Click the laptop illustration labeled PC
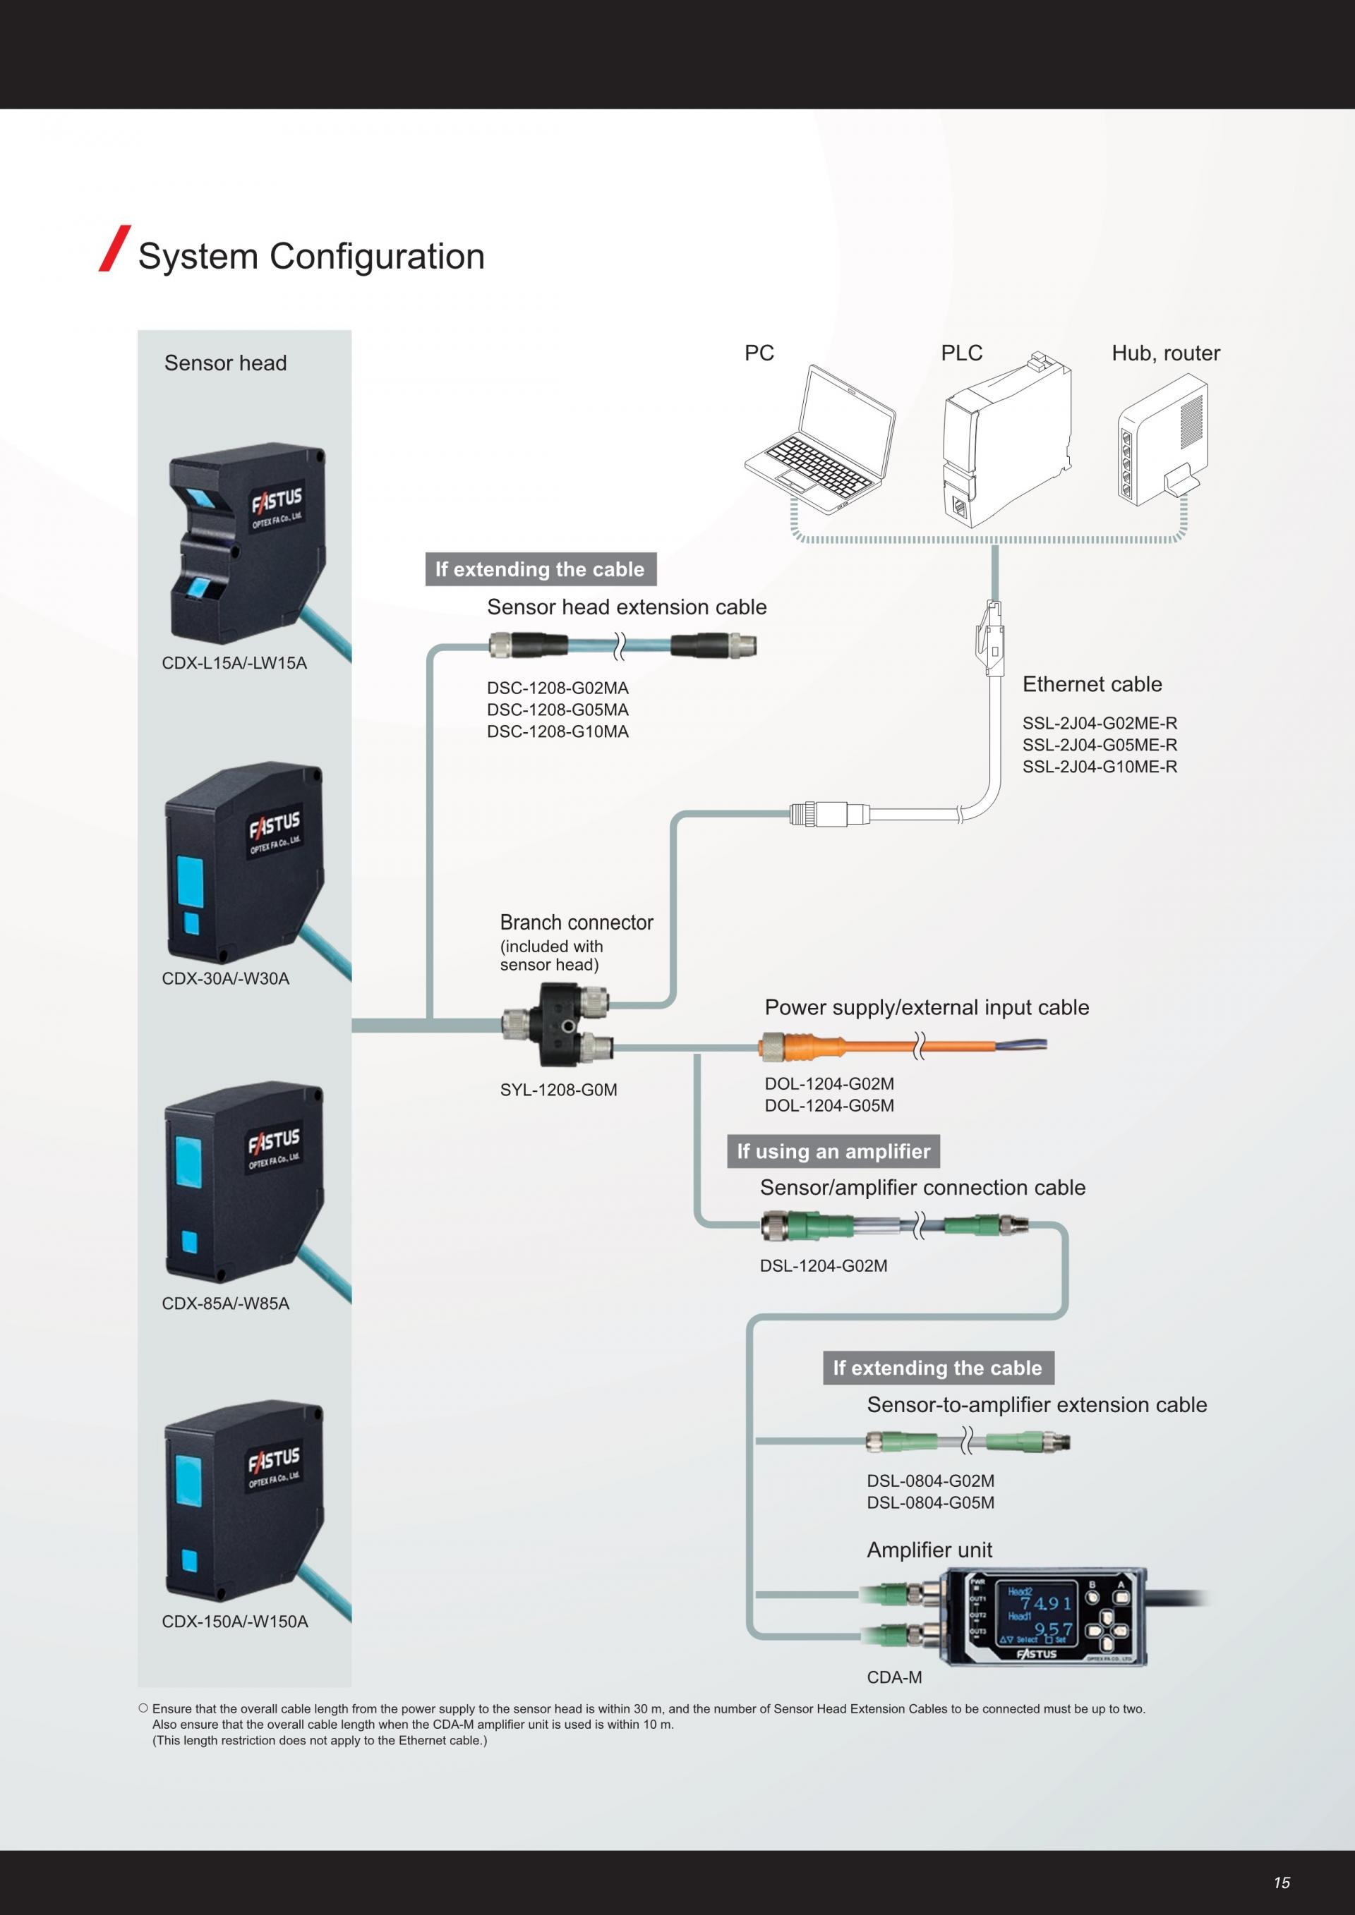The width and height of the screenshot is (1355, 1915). coord(820,442)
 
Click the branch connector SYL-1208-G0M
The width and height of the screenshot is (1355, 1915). coord(557,1024)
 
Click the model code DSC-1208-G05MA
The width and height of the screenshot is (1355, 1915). coord(558,710)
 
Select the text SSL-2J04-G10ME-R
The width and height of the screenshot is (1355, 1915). coord(1099,767)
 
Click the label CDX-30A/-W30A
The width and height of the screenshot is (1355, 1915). coord(225,978)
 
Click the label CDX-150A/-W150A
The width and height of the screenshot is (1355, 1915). coord(234,1622)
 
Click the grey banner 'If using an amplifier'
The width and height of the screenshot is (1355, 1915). coord(833,1151)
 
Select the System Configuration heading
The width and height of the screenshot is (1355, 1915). coord(311,256)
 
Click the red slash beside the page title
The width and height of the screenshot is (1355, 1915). coord(114,248)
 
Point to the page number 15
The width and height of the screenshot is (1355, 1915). coord(1282,1882)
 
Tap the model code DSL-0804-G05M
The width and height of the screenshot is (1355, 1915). coord(930,1502)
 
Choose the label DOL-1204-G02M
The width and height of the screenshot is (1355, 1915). coord(829,1083)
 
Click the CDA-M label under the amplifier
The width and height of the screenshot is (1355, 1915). coord(893,1677)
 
